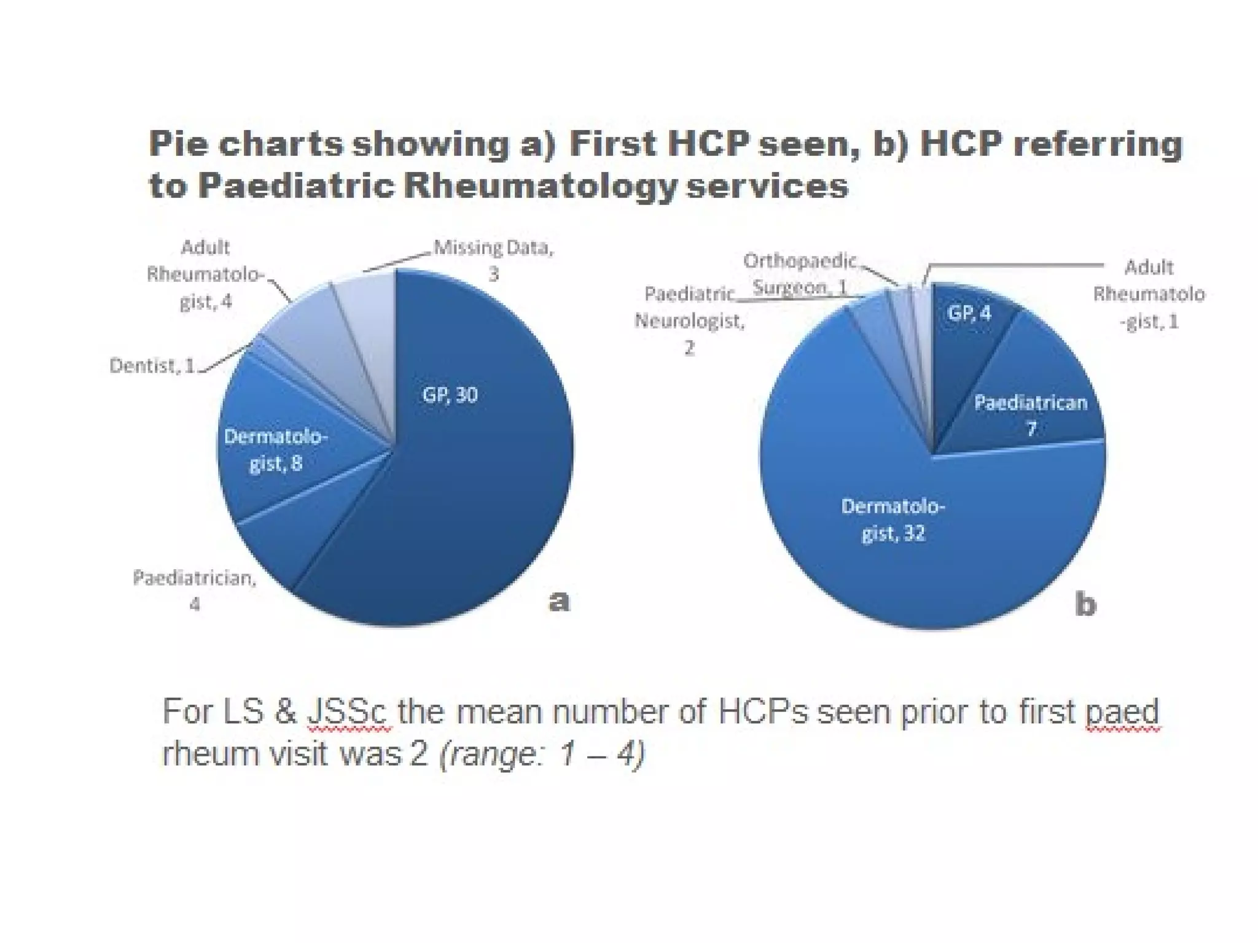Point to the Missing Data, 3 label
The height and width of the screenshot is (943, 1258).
click(x=493, y=260)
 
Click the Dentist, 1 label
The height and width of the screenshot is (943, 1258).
click(x=152, y=366)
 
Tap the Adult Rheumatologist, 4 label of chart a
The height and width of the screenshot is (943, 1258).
click(x=205, y=274)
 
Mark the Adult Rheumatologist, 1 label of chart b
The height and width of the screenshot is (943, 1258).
click(x=1148, y=294)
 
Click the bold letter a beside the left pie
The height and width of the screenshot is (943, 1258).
click(x=558, y=600)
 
